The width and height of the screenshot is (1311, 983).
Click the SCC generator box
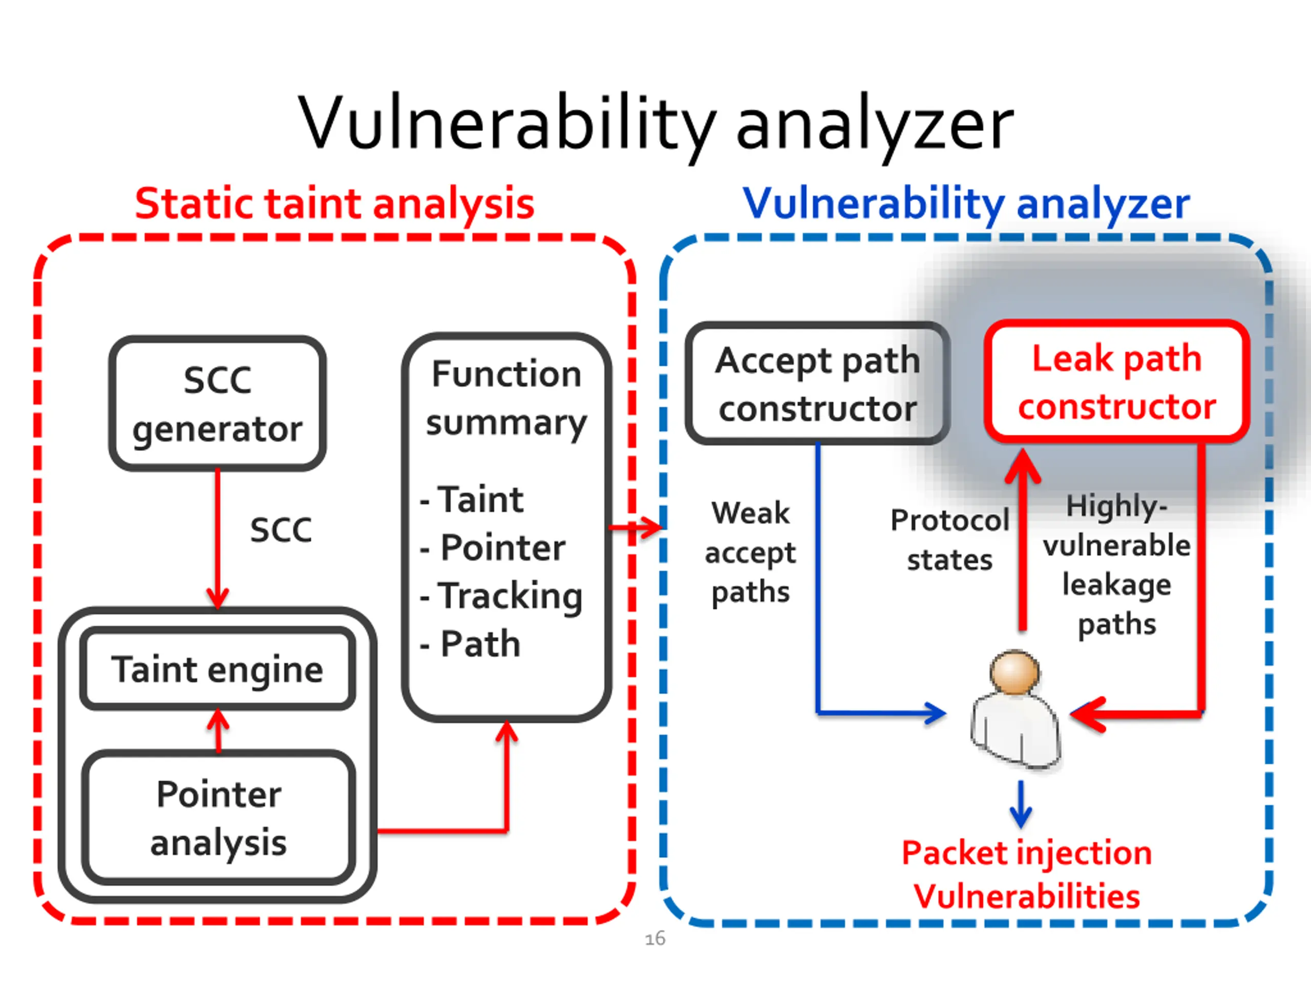pyautogui.click(x=218, y=403)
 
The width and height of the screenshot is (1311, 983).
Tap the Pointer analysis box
pyautogui.click(x=218, y=818)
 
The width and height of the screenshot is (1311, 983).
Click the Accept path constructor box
pyautogui.click(x=818, y=383)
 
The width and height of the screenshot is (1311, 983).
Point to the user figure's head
pyautogui.click(x=1014, y=672)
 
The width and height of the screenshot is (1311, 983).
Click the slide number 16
pyautogui.click(x=655, y=939)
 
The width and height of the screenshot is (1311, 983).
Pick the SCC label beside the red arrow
pyautogui.click(x=281, y=530)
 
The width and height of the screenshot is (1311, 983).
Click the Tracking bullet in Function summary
pyautogui.click(x=501, y=596)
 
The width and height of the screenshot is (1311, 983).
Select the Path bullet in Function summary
pyautogui.click(x=470, y=644)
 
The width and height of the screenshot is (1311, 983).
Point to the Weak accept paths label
pyautogui.click(x=750, y=552)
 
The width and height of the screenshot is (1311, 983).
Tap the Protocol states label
pyautogui.click(x=949, y=540)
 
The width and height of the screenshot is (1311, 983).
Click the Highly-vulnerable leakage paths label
pyautogui.click(x=1116, y=565)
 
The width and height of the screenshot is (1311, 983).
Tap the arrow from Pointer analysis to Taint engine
pyautogui.click(x=218, y=731)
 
